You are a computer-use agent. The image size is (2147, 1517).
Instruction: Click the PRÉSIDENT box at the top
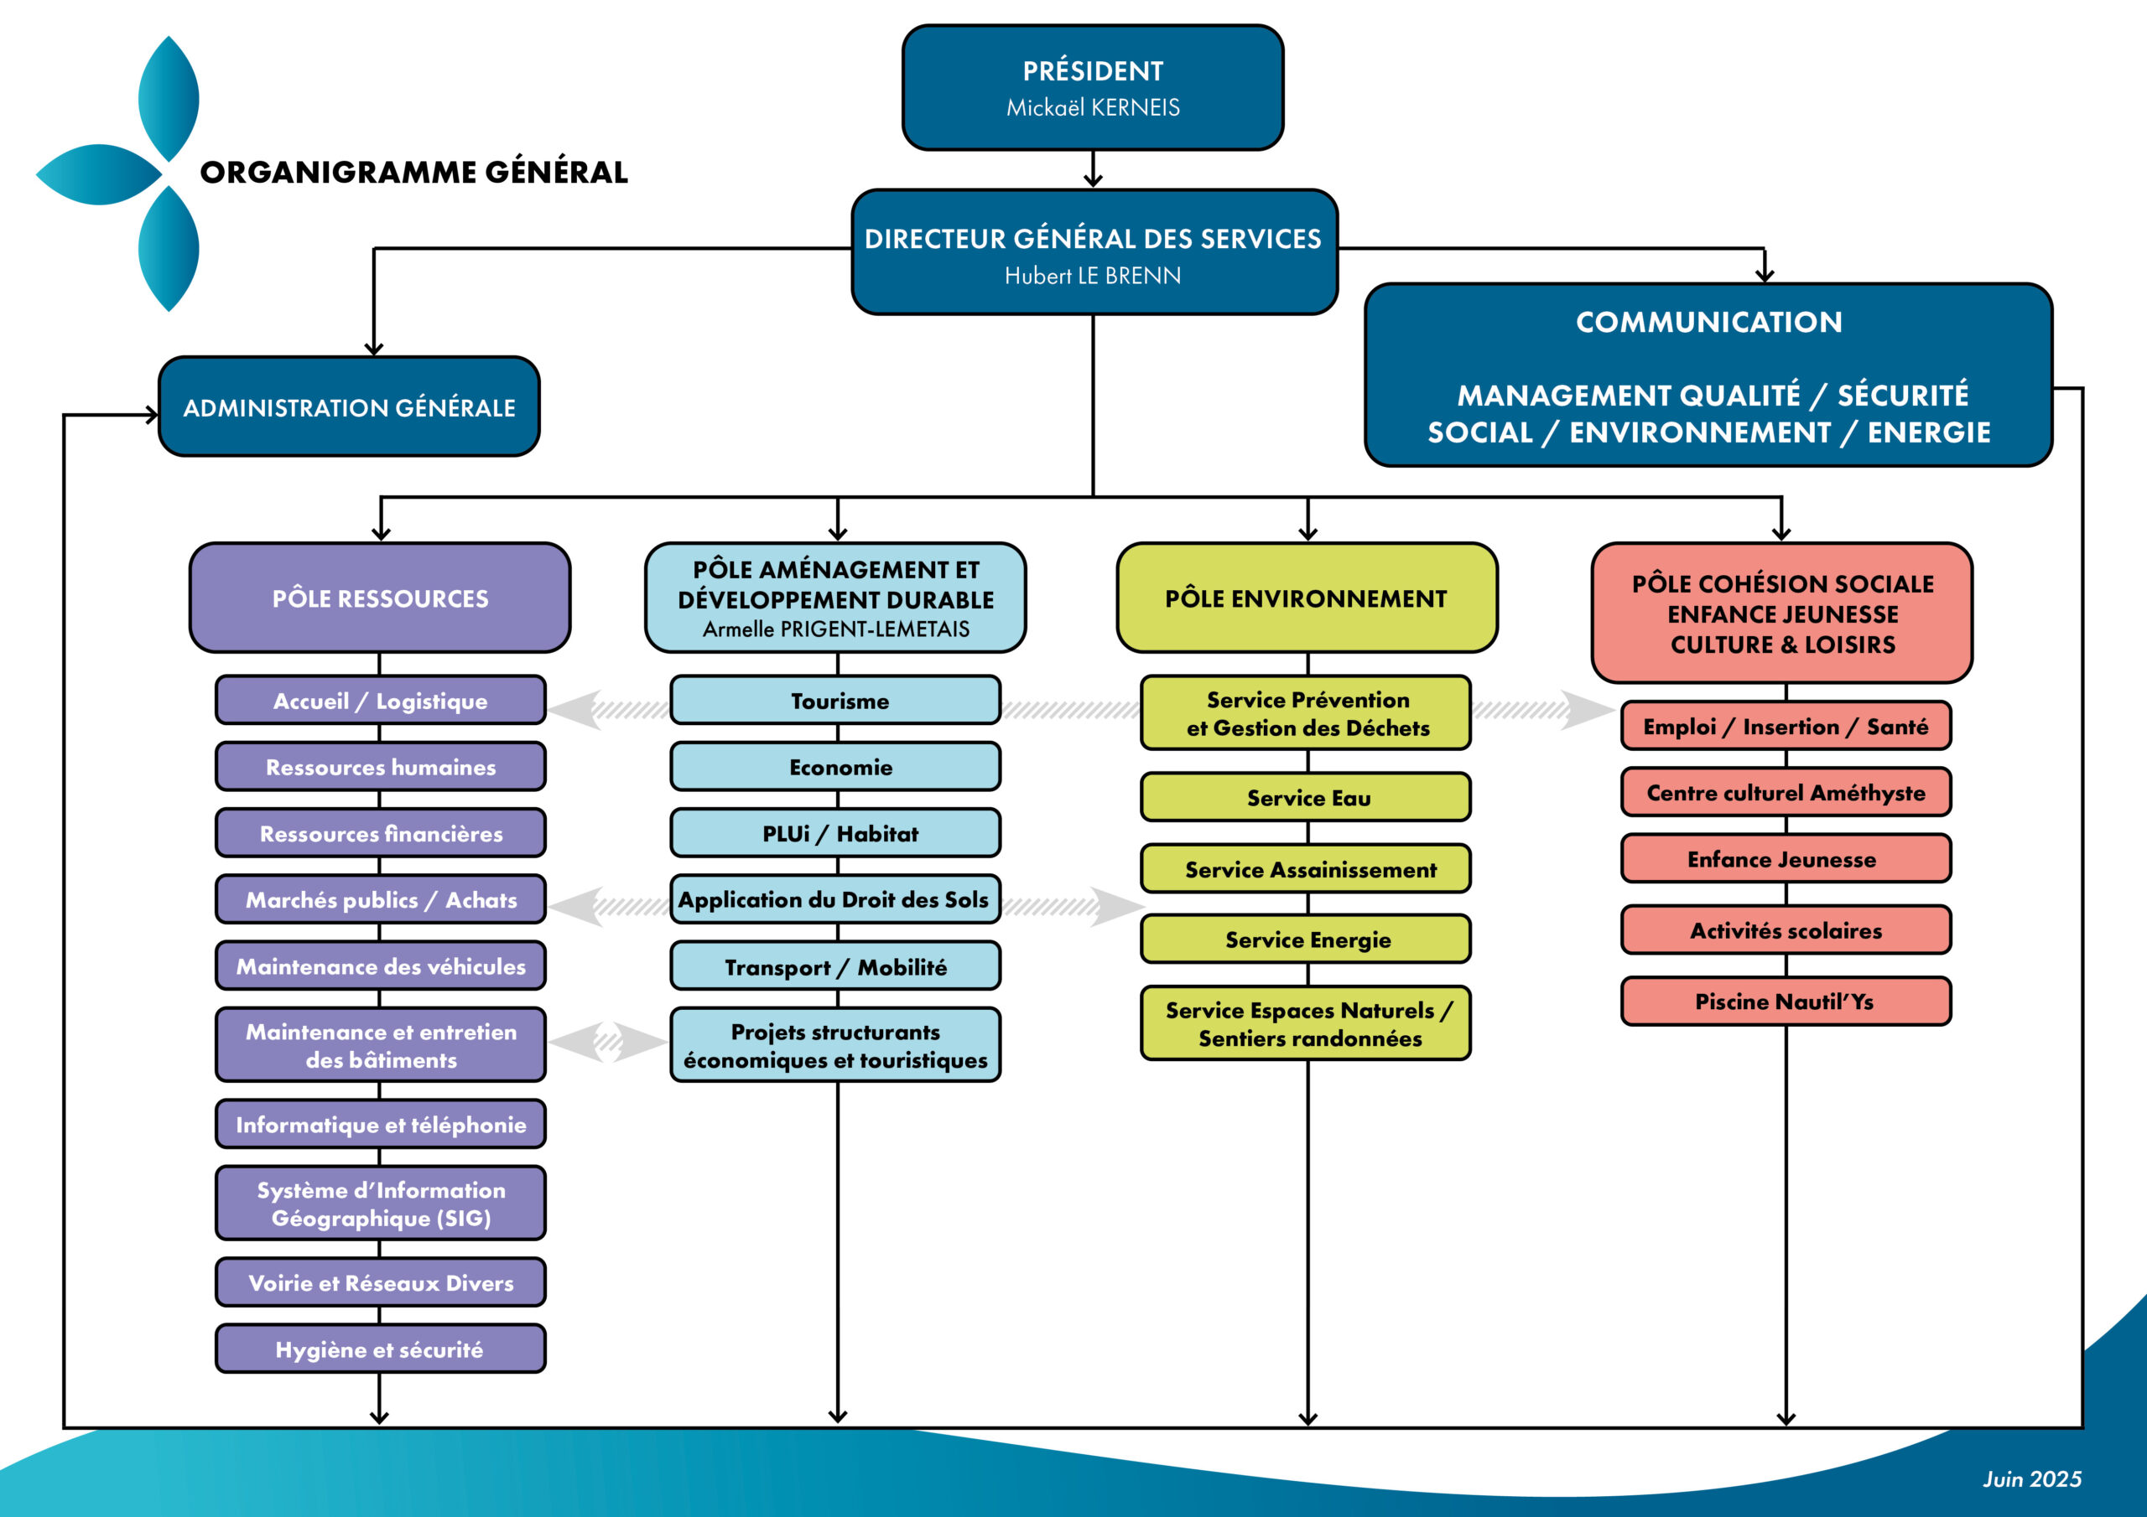click(1092, 88)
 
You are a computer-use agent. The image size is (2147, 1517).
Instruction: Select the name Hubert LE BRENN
click(1092, 276)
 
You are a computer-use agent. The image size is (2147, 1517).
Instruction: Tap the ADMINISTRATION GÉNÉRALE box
click(349, 407)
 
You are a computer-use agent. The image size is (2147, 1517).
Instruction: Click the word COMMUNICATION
click(1708, 323)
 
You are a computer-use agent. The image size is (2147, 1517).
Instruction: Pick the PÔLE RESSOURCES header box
click(380, 598)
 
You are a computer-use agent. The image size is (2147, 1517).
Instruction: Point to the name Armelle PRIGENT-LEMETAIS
click(836, 629)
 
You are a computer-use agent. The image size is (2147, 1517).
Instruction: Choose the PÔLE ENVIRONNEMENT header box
click(1307, 598)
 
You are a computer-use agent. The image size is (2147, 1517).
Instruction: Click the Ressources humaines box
click(381, 768)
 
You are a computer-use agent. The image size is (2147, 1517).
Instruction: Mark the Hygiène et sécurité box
click(381, 1349)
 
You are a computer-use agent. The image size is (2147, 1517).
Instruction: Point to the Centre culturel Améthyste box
click(1786, 793)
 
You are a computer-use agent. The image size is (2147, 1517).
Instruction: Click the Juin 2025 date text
click(2032, 1478)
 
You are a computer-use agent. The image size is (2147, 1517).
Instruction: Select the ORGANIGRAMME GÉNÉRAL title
click(414, 173)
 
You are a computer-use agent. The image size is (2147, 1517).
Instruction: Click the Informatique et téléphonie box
click(381, 1125)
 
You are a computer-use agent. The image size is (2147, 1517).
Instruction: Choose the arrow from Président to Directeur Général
click(1092, 170)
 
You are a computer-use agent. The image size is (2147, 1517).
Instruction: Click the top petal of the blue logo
click(169, 98)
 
